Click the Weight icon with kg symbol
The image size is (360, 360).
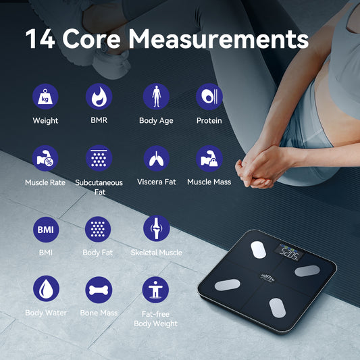45,97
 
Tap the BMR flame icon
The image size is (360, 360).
99,97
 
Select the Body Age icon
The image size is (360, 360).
156,97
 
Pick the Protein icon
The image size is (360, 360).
209,97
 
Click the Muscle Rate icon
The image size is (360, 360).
45,158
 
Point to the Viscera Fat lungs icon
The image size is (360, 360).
156,158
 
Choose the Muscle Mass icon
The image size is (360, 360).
209,158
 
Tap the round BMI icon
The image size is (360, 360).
45,230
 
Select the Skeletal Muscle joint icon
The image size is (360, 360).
156,229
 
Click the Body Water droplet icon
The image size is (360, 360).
45,289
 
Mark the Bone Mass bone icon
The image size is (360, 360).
99,289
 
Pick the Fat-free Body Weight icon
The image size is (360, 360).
156,289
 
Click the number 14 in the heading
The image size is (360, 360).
40,38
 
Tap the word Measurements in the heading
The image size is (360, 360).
219,38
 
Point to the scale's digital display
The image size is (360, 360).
289,255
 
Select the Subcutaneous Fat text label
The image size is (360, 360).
99,187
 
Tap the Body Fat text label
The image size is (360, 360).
99,253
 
